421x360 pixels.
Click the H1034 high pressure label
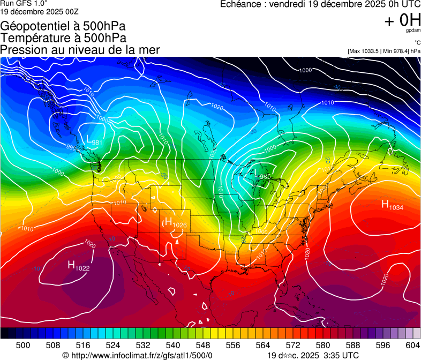coord(392,205)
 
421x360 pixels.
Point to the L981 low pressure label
coord(94,141)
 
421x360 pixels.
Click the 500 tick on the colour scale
coord(23,346)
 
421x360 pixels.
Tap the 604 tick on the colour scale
coord(413,346)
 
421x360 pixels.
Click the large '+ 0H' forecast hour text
coord(402,20)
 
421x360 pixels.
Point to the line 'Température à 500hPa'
coord(63,38)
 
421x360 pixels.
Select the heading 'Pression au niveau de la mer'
coord(80,50)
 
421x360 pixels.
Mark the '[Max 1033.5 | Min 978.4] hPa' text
coord(384,51)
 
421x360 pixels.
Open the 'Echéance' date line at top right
coord(320,4)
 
